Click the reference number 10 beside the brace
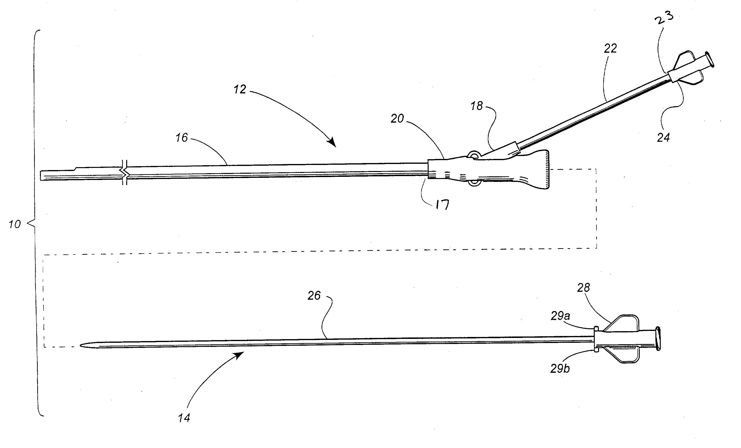pyautogui.click(x=15, y=224)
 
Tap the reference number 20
pyautogui.click(x=397, y=119)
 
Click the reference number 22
pyautogui.click(x=610, y=48)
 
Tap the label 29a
pyautogui.click(x=560, y=316)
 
